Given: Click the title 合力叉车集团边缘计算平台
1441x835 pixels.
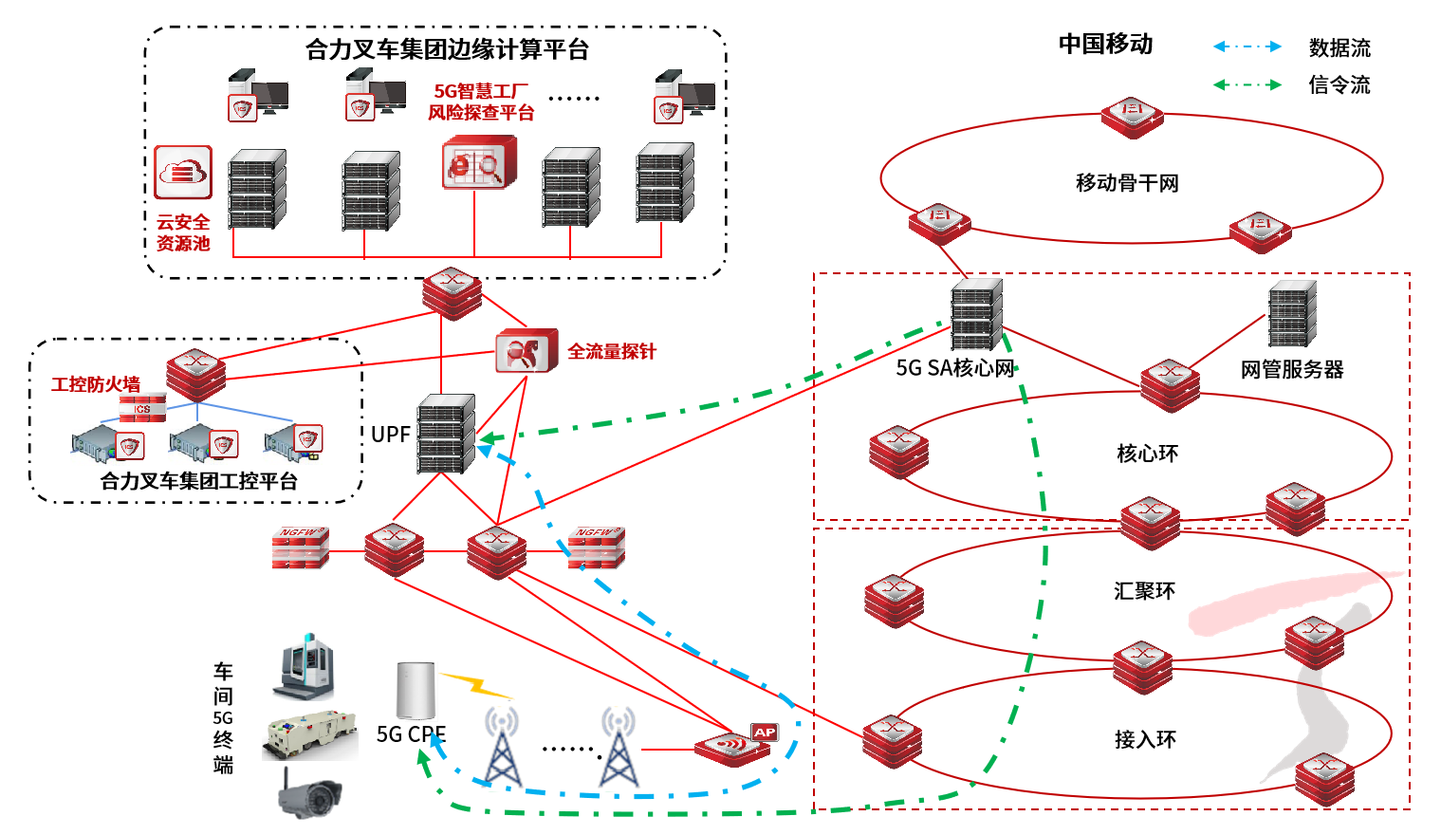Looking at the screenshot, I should pos(447,49).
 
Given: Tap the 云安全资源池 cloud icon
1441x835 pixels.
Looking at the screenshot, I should pos(183,173).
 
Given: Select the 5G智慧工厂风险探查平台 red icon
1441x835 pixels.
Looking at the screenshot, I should pos(480,162).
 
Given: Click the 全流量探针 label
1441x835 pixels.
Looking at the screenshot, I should pos(612,352).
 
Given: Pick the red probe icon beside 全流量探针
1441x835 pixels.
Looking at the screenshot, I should pos(526,351).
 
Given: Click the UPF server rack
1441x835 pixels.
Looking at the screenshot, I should pos(446,434).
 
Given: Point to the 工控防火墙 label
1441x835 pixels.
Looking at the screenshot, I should pos(96,384).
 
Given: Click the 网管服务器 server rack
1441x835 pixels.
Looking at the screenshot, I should pos(1292,314).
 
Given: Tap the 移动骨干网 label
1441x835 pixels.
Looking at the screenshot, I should pos(1127,183).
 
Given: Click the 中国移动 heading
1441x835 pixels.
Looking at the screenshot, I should pos(1105,45).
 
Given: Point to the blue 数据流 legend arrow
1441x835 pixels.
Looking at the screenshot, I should pos(1247,46).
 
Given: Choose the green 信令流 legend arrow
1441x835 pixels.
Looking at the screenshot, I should pos(1247,84).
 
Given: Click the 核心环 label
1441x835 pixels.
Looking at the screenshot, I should pos(1147,454).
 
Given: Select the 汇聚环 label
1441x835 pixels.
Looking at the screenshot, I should pos(1144,591).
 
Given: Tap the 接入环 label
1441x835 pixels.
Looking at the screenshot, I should pos(1145,739).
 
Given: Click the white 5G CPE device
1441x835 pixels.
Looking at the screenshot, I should pos(416,691).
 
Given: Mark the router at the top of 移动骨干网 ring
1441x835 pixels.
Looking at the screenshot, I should pos(1132,116).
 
